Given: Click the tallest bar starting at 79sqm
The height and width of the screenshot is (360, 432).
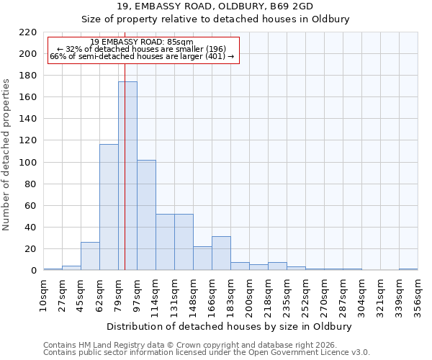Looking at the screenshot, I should click(127, 176).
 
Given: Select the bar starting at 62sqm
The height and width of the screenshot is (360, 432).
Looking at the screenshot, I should click(109, 207).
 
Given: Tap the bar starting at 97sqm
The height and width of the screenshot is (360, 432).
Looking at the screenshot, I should click(146, 215).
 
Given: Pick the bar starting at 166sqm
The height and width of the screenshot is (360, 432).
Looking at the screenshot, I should click(221, 253).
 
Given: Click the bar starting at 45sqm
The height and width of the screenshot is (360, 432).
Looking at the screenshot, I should click(90, 256).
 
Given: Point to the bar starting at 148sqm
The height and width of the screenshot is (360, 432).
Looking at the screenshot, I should click(202, 258).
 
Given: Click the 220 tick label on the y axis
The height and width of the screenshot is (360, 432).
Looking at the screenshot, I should click(27, 32).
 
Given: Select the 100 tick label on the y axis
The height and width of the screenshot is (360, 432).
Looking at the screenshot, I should click(27, 163).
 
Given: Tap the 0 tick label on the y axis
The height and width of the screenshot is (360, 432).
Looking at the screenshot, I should click(33, 271).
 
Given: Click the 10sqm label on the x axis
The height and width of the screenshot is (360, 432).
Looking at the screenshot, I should click(43, 297).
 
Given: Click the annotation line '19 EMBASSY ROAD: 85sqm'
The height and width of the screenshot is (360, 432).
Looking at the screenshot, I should click(142, 42).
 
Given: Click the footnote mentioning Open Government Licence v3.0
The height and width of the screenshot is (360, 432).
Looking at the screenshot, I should click(207, 353).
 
